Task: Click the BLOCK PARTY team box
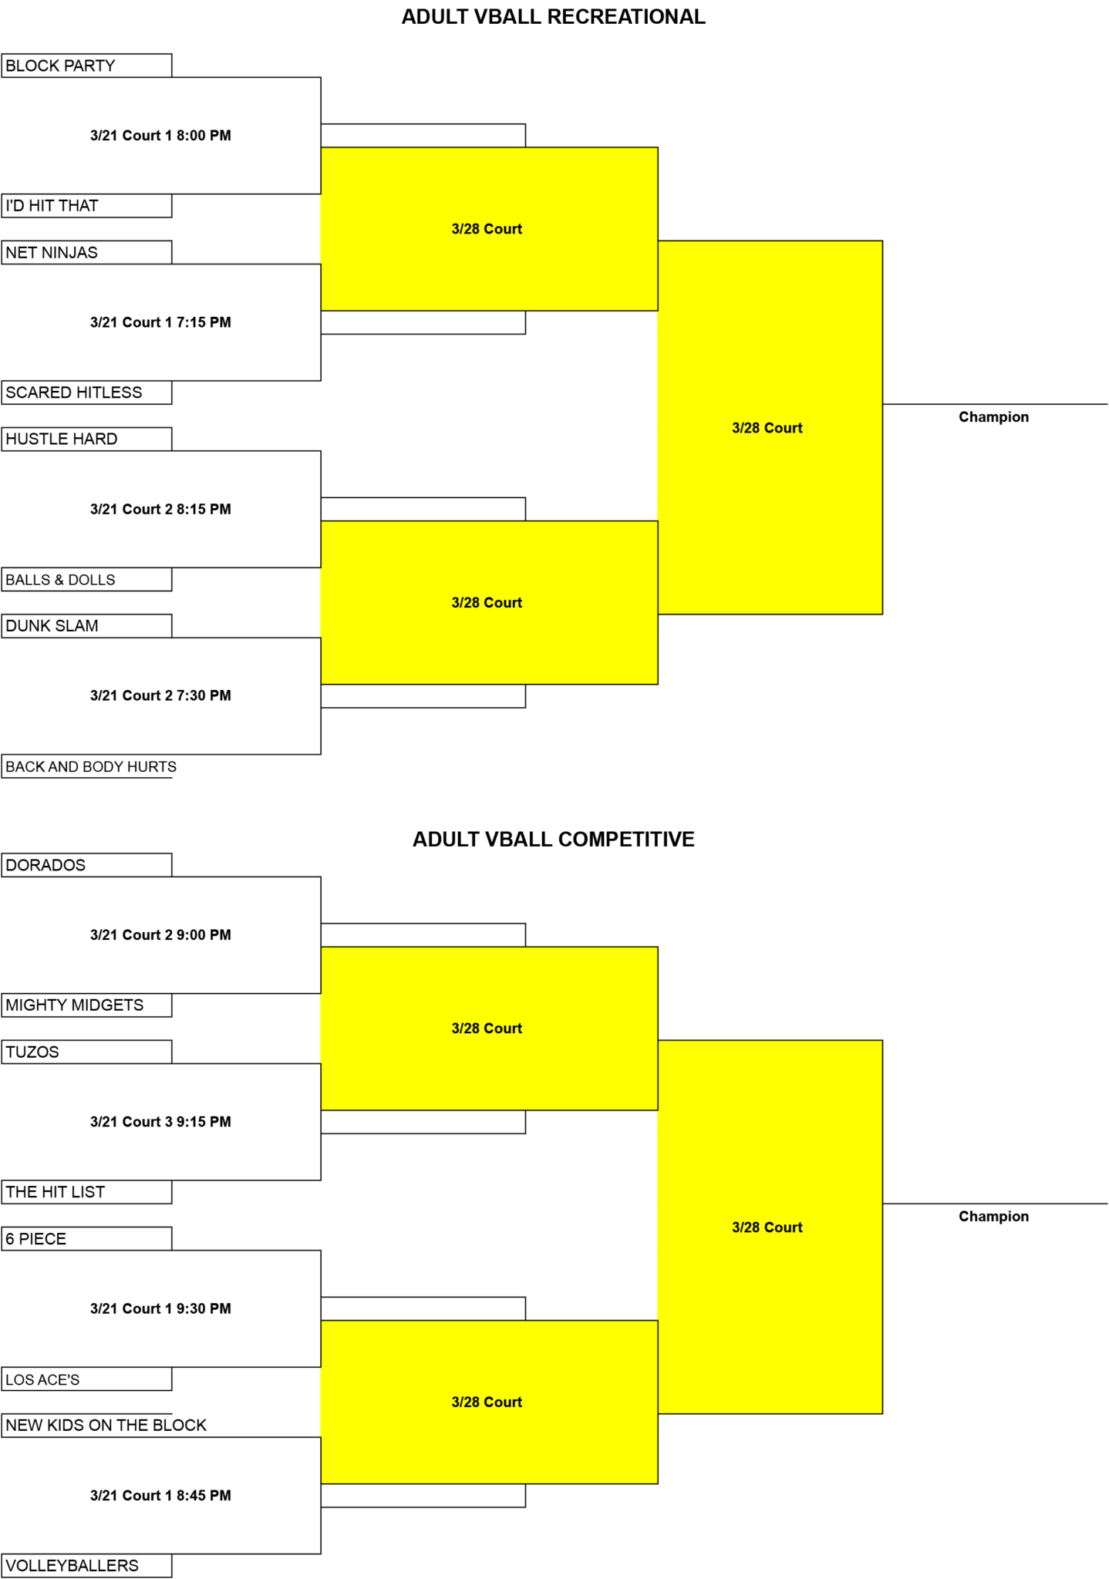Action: click(86, 66)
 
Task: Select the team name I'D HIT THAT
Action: click(52, 206)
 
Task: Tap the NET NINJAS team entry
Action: click(86, 252)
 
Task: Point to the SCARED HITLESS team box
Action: click(86, 392)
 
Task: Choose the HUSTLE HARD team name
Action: click(62, 439)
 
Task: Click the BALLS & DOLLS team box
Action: click(86, 580)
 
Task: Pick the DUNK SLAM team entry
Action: click(86, 626)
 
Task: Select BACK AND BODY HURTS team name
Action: click(91, 767)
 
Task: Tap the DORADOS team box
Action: click(86, 865)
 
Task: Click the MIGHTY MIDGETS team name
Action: click(75, 1005)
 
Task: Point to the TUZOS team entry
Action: click(86, 1052)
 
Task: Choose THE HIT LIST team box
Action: click(86, 1192)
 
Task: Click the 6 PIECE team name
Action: click(35, 1239)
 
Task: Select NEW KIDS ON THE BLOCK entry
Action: click(106, 1426)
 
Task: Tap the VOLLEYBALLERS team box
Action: click(86, 1566)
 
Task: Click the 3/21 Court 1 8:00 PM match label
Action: click(160, 136)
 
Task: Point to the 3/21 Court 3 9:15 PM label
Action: click(160, 1122)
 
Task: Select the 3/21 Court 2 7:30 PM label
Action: click(160, 695)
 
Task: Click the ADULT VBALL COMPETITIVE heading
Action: click(554, 840)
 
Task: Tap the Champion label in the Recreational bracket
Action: click(993, 417)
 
